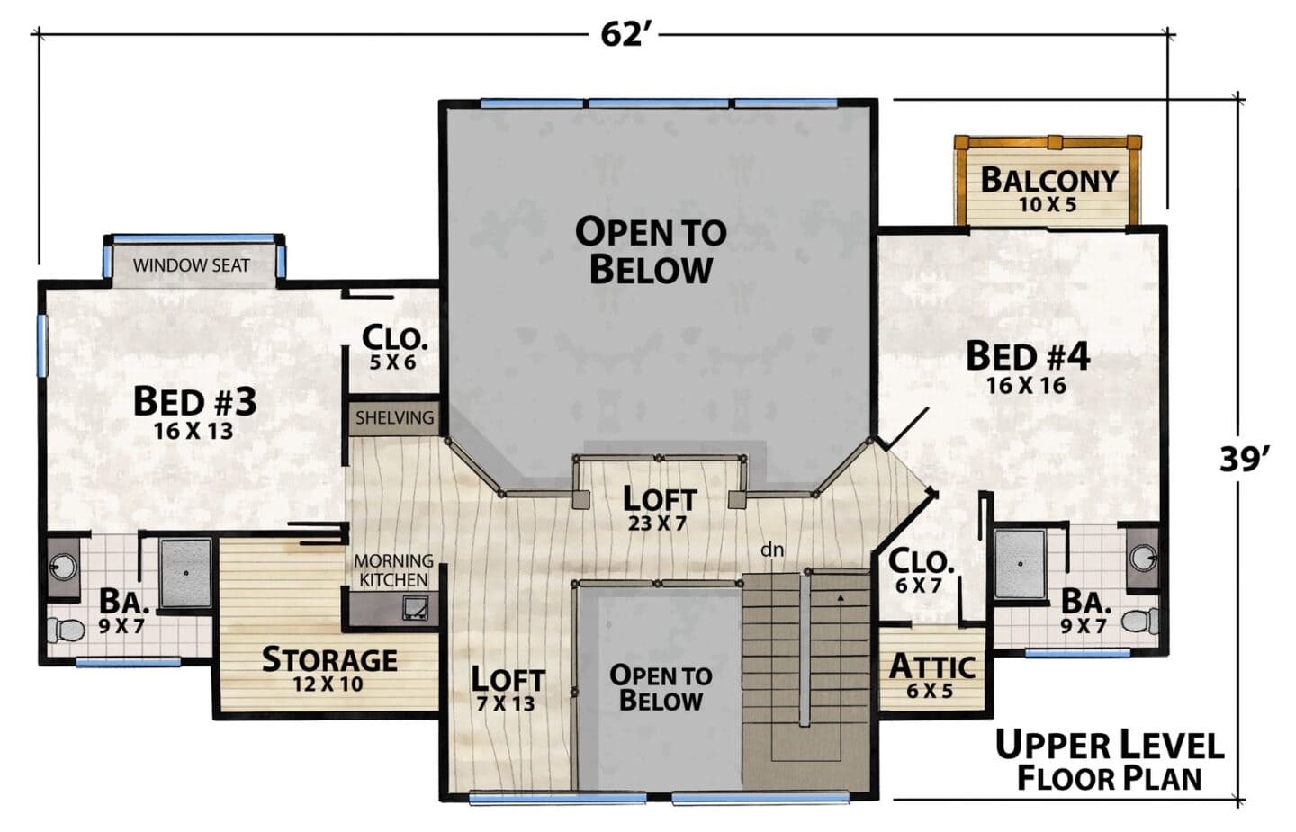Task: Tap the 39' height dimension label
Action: (1245, 461)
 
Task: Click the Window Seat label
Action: (192, 265)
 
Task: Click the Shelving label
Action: (394, 417)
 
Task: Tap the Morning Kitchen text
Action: (393, 570)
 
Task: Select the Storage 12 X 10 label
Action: (329, 669)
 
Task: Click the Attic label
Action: (932, 675)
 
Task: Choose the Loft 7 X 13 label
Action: (508, 689)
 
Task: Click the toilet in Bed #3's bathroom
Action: (66, 629)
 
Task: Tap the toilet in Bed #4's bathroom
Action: (1139, 621)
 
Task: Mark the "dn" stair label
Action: (772, 550)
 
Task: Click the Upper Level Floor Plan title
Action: (1110, 761)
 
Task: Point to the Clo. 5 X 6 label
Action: (394, 347)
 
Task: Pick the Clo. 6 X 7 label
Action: (920, 571)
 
